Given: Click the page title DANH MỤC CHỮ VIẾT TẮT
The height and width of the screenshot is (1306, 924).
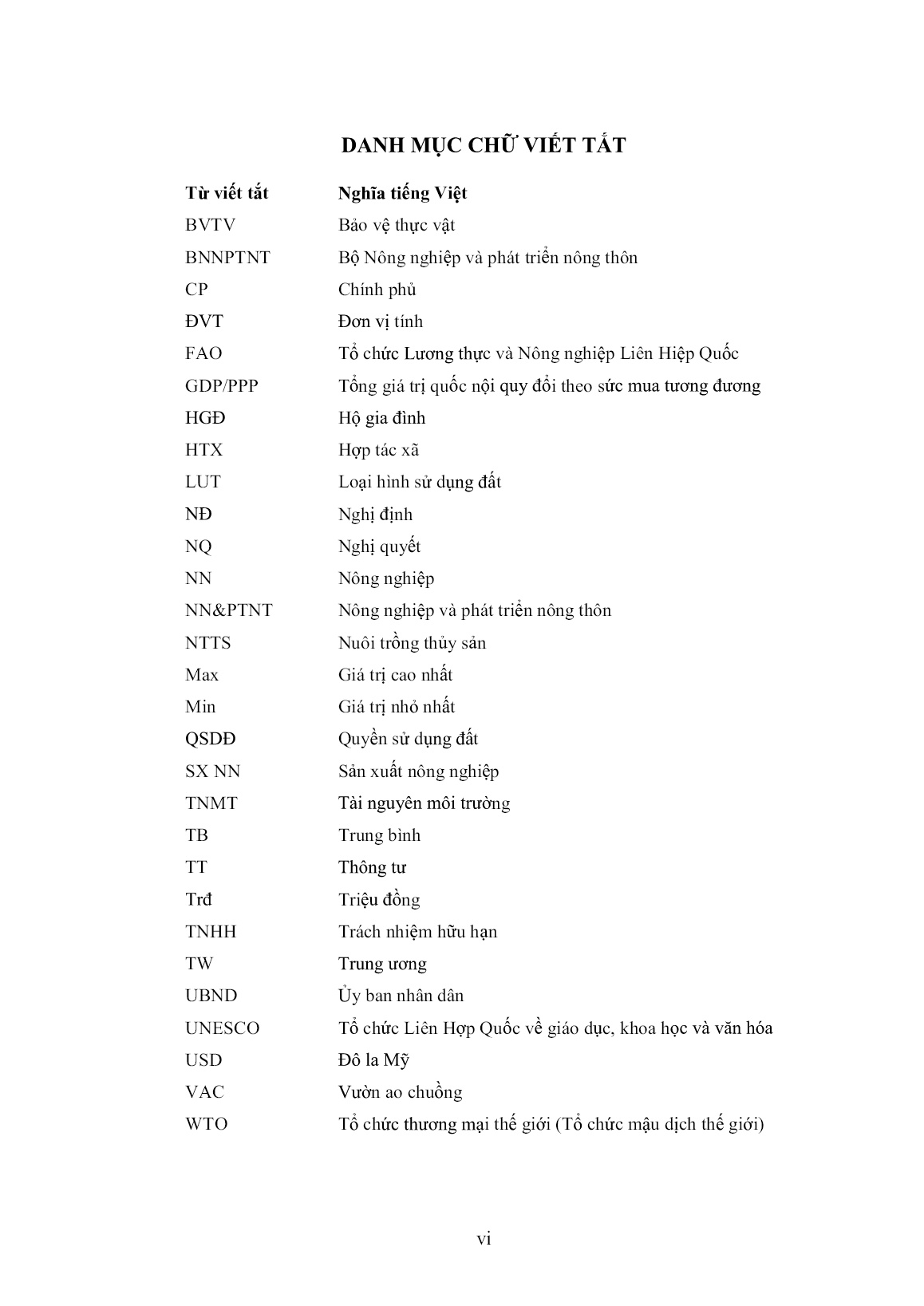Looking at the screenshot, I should click(484, 145).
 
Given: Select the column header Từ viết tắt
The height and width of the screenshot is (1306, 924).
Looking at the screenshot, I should click(227, 193).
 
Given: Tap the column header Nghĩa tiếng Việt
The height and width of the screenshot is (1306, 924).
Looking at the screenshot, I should click(402, 193).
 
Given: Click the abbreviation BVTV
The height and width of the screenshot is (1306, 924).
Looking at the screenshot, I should click(210, 225).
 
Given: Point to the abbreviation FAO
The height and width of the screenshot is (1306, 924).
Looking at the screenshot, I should click(203, 353).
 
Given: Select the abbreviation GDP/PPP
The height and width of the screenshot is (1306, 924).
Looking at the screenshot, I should click(222, 386).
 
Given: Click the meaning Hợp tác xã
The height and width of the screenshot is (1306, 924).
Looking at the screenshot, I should click(378, 450).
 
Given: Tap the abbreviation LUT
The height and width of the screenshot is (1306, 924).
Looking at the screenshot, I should click(203, 482).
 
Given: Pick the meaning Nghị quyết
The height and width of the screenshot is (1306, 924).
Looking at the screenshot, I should click(379, 546).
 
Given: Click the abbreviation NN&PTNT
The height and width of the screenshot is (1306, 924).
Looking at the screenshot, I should click(228, 610).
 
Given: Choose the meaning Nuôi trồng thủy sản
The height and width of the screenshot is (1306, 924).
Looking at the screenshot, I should click(412, 643).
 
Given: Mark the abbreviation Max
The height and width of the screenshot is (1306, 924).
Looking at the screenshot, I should click(201, 675).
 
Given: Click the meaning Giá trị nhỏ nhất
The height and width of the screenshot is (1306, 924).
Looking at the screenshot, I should click(397, 707).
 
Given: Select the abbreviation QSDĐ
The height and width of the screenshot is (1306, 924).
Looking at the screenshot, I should click(210, 739).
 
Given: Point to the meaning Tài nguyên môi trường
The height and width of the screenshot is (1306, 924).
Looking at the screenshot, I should click(424, 803).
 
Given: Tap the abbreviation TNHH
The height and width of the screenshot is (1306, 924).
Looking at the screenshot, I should click(211, 932).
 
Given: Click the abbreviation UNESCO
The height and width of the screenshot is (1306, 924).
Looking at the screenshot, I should click(222, 1028).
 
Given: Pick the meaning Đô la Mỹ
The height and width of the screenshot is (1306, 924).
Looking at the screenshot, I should click(373, 1060).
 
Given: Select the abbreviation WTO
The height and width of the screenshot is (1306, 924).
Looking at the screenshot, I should click(206, 1124).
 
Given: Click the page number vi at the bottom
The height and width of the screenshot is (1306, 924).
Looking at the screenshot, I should click(484, 1239).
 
